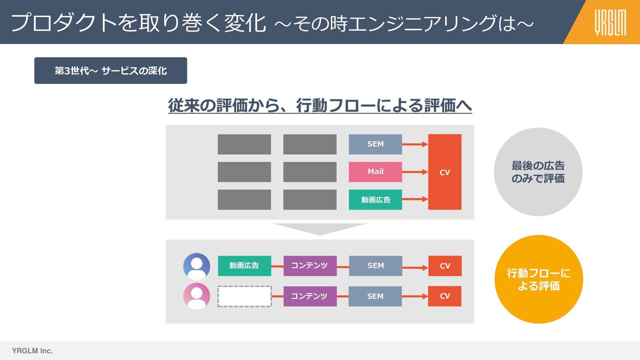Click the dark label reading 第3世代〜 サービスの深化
coord(110,71)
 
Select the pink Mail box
coord(375,172)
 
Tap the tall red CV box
coord(445,172)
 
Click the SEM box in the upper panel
coord(375,144)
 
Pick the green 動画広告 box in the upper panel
coord(375,200)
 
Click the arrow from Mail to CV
coord(415,172)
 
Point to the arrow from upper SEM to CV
coord(415,144)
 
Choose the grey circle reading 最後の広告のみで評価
coord(538,172)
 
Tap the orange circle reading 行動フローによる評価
coord(538,279)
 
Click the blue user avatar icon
coord(197,266)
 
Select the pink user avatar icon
coord(197,296)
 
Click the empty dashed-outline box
coord(244,296)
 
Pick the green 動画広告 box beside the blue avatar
coord(244,266)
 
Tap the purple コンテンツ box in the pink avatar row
coord(310,296)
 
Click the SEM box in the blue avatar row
coord(376,266)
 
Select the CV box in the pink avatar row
coord(445,296)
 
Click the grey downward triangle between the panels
coord(320,229)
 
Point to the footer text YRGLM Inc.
coord(32,351)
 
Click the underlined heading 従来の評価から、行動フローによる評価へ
coord(320,106)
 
